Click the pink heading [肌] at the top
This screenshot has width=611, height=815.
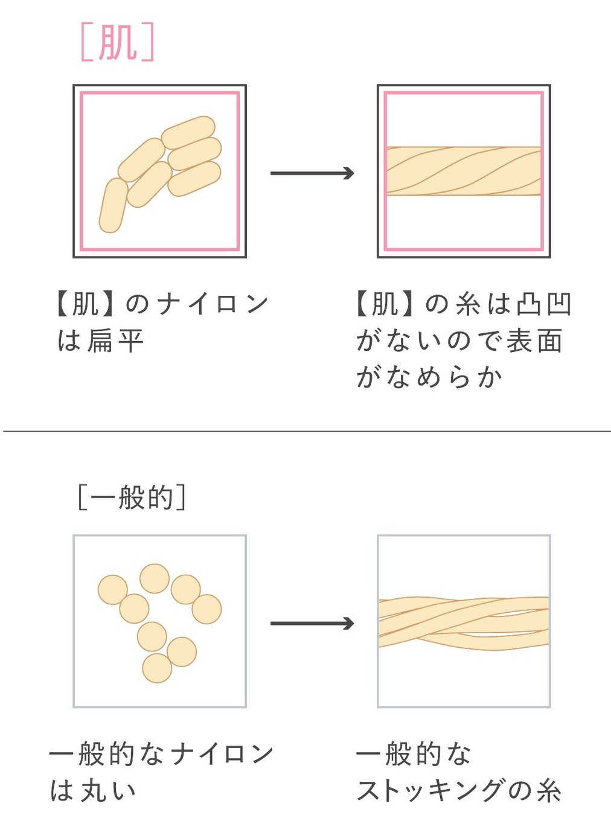coord(117,42)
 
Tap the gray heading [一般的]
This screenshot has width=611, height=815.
coord(132,498)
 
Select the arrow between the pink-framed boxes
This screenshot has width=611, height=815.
coord(312,174)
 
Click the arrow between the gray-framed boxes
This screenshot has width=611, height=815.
coord(312,624)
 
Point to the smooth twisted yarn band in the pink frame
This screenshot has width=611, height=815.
coord(463,171)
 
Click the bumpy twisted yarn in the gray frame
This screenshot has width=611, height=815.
coord(463,623)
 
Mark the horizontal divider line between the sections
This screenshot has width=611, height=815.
coord(305,431)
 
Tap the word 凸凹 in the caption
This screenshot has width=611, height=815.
coord(544,304)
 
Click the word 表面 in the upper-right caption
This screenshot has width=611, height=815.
coord(534,341)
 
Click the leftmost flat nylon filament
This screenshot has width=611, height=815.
coord(113,205)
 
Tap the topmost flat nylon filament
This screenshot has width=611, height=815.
coord(188,132)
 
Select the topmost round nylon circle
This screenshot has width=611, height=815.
coord(155,578)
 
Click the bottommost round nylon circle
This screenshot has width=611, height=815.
coord(157,668)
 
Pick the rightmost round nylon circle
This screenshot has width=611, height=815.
coord(206,609)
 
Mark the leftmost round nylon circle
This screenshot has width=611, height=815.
coord(113,590)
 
